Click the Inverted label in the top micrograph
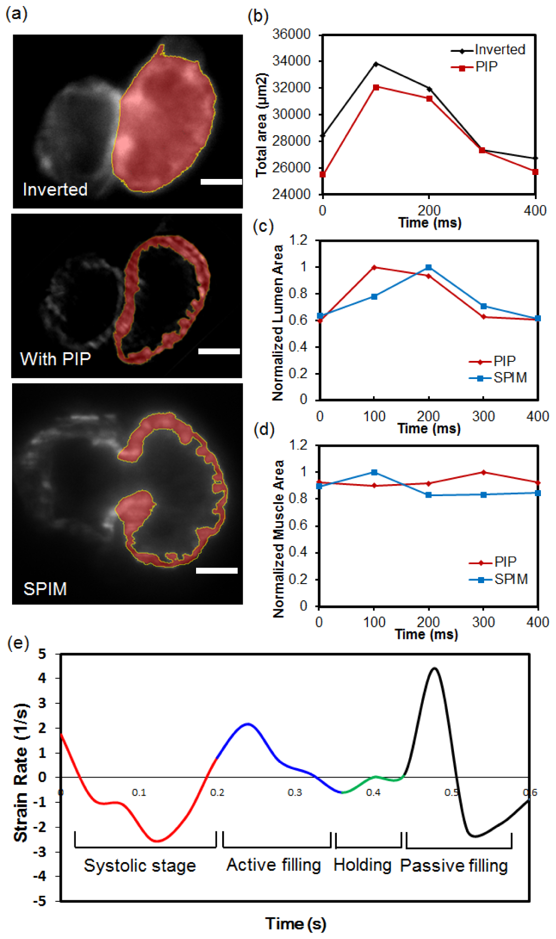coord(55,190)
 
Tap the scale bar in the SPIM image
coord(216,571)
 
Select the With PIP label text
coord(55,359)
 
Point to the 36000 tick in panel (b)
coord(292,35)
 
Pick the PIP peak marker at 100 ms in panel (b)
coord(376,87)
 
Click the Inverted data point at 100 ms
coord(376,64)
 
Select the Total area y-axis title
coord(261,125)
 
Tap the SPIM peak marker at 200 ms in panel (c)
coord(429,267)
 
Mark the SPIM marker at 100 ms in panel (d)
coord(374,473)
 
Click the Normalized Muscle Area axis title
coord(278,538)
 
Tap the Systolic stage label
coord(140,866)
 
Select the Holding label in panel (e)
coord(362,865)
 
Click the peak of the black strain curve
coord(434,669)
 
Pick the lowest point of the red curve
coord(157,841)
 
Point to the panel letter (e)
coord(19,643)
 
